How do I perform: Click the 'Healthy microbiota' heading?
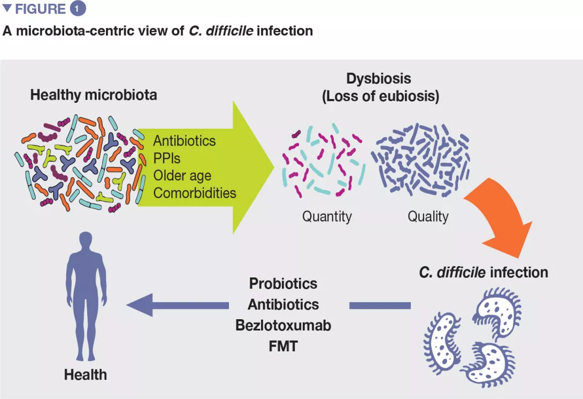(93, 95)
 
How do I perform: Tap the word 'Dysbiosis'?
(379, 79)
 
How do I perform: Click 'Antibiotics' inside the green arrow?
(185, 141)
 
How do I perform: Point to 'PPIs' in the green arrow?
(167, 159)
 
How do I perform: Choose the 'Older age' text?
(182, 176)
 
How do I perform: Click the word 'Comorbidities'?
(195, 193)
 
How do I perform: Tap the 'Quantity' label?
(327, 217)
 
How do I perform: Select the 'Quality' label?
(428, 217)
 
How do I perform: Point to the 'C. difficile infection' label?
(484, 272)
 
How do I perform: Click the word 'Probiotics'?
(283, 283)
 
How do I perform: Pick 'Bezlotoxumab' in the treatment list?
(283, 325)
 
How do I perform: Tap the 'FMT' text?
(283, 346)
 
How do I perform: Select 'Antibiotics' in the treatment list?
(283, 304)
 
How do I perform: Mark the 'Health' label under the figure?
(86, 374)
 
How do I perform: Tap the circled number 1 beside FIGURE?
(77, 9)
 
